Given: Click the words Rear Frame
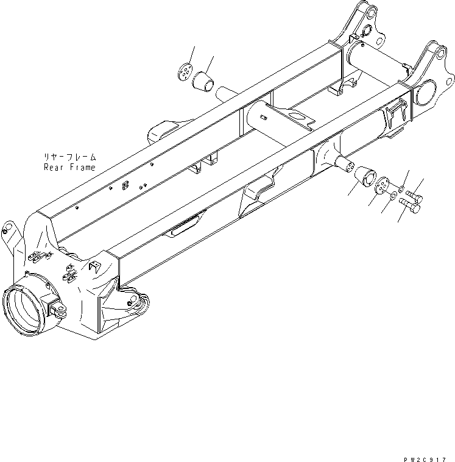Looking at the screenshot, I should [69, 167].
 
